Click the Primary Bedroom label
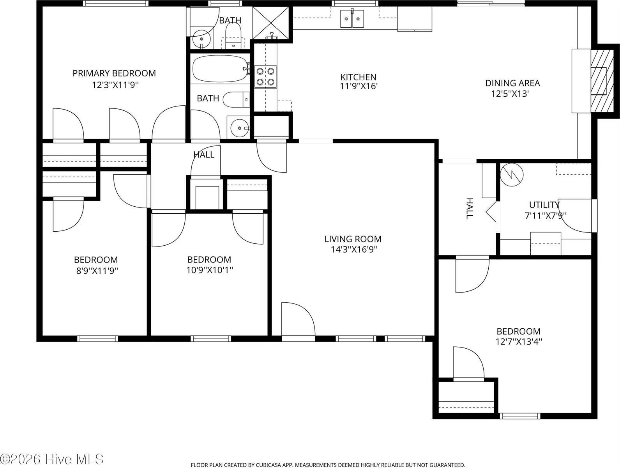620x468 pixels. click(x=114, y=73)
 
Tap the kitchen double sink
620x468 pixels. click(x=353, y=19)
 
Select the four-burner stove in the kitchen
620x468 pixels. click(x=265, y=76)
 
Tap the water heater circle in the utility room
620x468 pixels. click(x=511, y=175)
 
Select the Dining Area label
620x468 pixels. click(x=512, y=83)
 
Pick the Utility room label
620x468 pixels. click(x=544, y=205)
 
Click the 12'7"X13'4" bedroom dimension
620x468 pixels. click(x=518, y=342)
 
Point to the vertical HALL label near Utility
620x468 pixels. click(x=470, y=208)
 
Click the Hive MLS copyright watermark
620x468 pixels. click(x=52, y=459)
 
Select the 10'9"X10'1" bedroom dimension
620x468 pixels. click(x=209, y=270)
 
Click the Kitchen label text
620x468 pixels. click(x=358, y=77)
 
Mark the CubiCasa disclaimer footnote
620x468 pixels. click(x=327, y=465)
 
